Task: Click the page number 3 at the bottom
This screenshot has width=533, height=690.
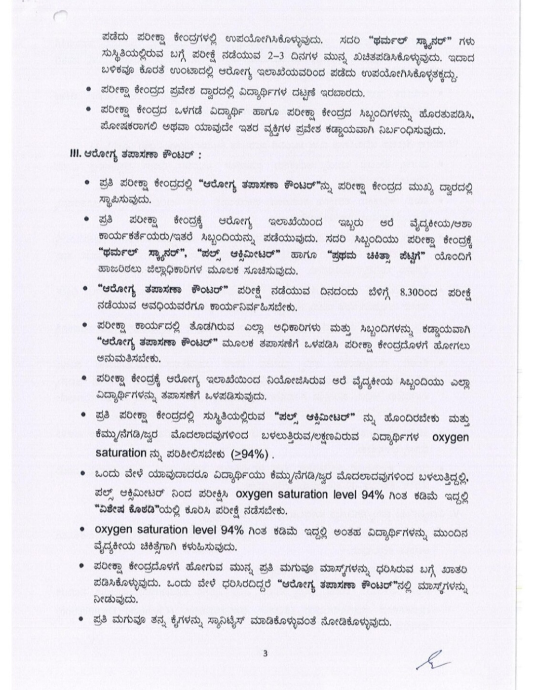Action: coord(265,654)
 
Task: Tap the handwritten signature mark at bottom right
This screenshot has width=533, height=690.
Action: coord(434,660)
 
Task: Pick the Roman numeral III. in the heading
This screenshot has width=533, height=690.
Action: coord(76,154)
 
